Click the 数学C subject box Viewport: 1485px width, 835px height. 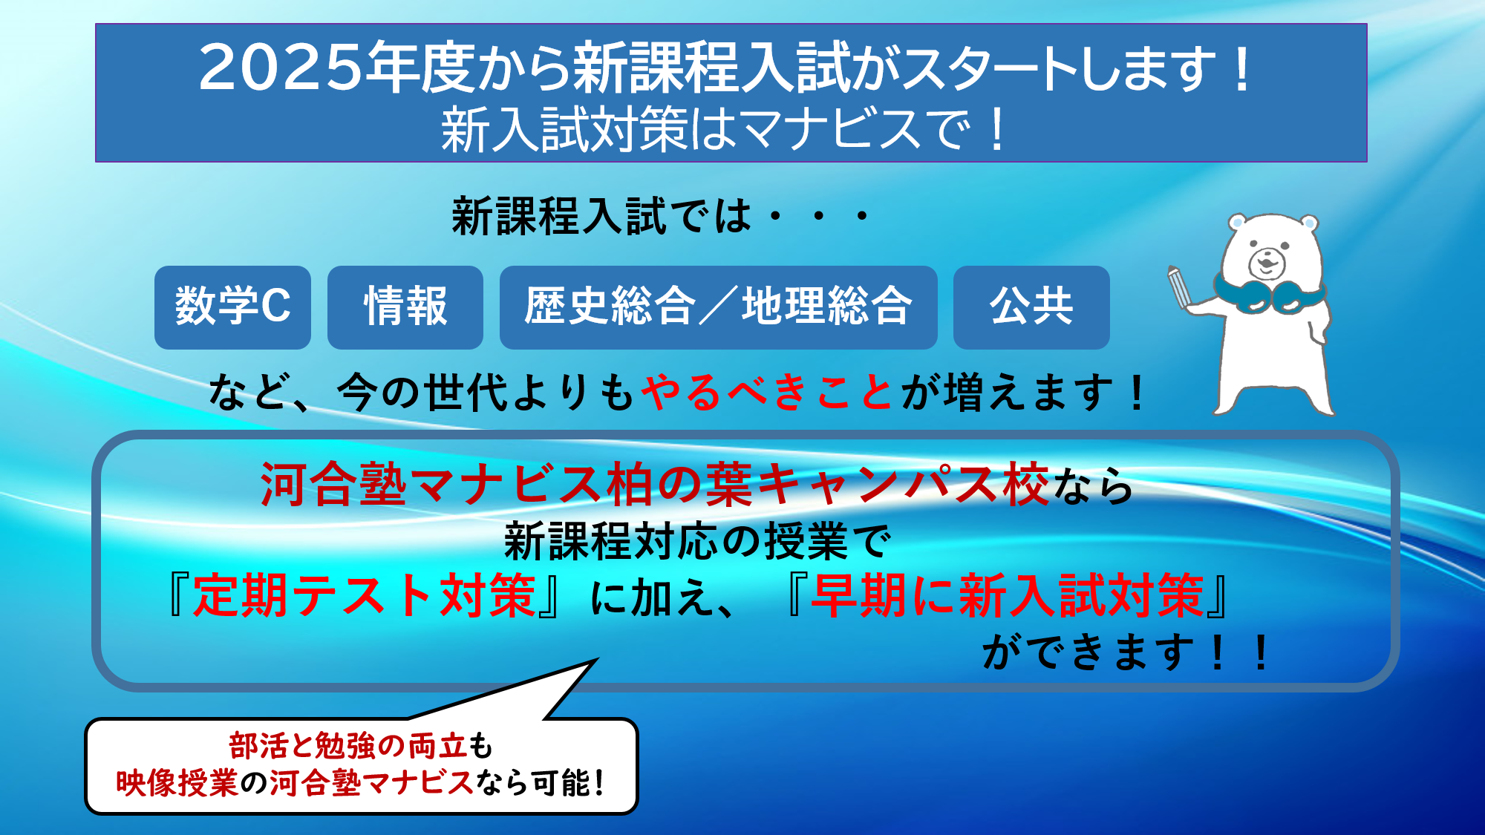[x=232, y=307]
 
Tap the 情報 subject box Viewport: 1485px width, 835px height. [x=405, y=307]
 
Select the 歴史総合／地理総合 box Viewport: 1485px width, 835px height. [x=718, y=307]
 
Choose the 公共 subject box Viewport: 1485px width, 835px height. [x=1031, y=307]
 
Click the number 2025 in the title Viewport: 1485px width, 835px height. [x=280, y=68]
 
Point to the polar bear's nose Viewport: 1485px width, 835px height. [x=1267, y=261]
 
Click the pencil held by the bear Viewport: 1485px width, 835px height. [x=1178, y=286]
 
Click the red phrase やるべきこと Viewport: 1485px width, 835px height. [x=767, y=392]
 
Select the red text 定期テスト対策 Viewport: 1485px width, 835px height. [x=364, y=595]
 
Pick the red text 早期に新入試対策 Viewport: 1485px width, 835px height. [x=1007, y=595]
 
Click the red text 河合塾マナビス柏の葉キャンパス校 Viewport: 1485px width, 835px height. [x=654, y=485]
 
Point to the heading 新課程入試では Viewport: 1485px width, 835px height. [x=601, y=217]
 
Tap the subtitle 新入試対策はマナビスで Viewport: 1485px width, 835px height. [x=705, y=129]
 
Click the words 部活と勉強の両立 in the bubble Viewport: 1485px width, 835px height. [x=347, y=745]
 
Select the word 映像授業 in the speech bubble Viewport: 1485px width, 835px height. [x=177, y=782]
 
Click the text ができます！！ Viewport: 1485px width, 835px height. [x=1127, y=652]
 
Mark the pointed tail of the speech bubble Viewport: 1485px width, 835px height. [x=597, y=659]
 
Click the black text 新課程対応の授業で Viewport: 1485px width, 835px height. [x=697, y=541]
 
